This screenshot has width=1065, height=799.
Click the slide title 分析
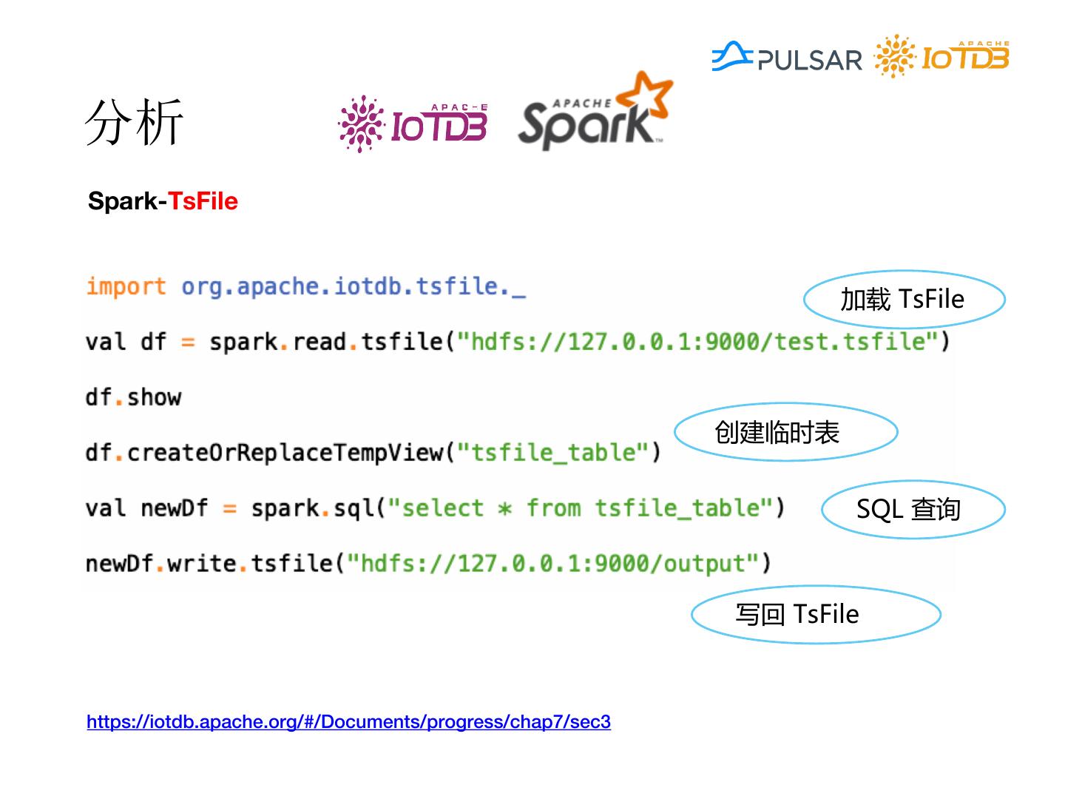click(x=134, y=122)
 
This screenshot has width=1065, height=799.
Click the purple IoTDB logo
click(x=413, y=124)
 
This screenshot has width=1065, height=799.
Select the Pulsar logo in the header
click(x=787, y=57)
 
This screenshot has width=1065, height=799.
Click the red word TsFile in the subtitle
click(x=203, y=201)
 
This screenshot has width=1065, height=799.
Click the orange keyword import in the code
click(x=126, y=286)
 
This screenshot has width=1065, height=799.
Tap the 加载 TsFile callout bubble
click(x=903, y=299)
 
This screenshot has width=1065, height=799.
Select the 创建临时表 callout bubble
click(x=785, y=432)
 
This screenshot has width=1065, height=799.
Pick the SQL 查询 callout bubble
click(x=912, y=509)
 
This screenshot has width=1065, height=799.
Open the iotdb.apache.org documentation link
click(x=348, y=721)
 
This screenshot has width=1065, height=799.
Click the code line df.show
click(x=133, y=397)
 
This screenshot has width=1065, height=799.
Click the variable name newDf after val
click(x=175, y=508)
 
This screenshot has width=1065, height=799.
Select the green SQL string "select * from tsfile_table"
click(x=580, y=508)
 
